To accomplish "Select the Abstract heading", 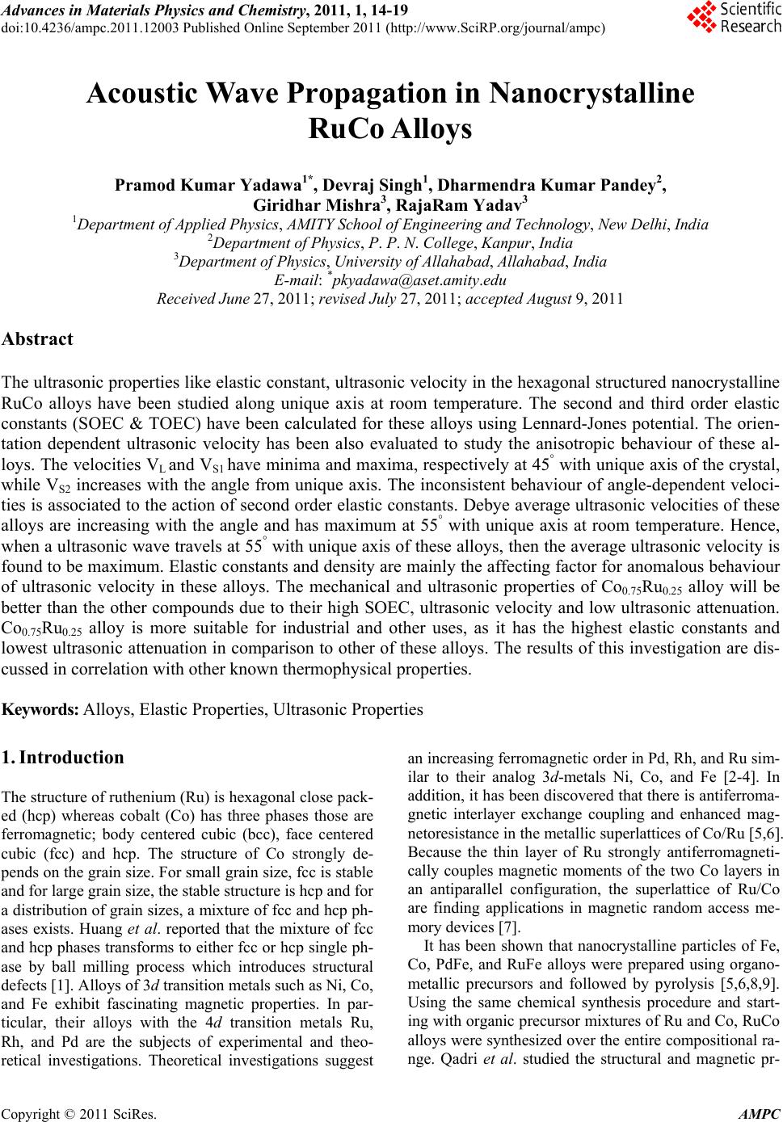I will [38, 339].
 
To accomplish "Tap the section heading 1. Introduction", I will [64, 758].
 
